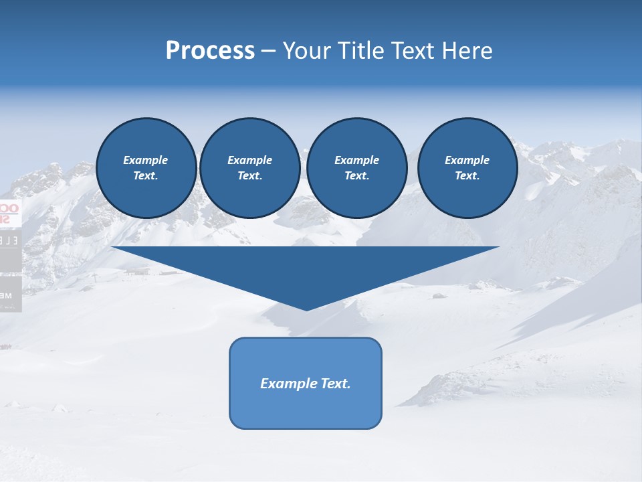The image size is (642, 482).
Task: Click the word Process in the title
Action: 210,51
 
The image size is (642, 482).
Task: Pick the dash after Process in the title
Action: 268,52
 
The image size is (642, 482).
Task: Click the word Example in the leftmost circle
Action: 145,160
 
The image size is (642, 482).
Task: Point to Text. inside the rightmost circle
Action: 467,176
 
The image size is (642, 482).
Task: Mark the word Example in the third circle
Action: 356,160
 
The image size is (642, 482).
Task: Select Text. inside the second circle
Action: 249,176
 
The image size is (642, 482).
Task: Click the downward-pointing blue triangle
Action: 306,268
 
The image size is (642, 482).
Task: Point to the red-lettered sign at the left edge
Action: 9,213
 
